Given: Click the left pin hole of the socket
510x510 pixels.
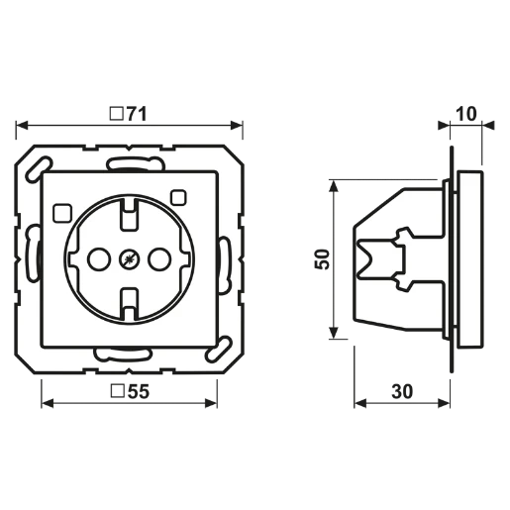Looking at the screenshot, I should [x=97, y=260].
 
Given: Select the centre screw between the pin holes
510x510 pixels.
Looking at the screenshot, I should [x=128, y=260].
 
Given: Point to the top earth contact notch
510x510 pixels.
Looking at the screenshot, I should [x=128, y=208].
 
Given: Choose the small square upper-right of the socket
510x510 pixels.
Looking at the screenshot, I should [x=179, y=195].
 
